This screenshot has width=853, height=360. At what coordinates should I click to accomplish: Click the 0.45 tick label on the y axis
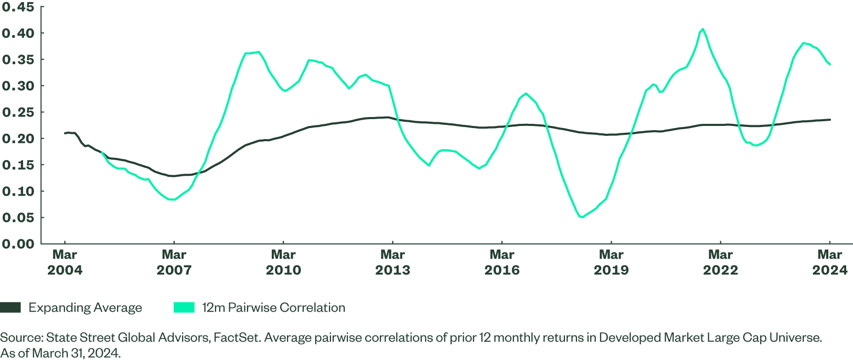(x=18, y=7)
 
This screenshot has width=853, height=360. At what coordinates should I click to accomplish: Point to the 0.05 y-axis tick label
(x=18, y=217)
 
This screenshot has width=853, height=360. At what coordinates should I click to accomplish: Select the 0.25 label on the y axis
(x=18, y=112)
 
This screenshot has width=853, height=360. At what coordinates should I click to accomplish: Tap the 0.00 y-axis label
(x=18, y=243)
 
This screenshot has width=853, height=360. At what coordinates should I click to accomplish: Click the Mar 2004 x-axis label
(x=65, y=262)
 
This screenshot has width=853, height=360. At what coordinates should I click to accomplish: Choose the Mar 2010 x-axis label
(x=283, y=262)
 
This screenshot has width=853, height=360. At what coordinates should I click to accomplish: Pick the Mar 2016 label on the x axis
(x=502, y=262)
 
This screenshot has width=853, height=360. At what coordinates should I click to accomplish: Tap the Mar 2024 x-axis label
(x=829, y=262)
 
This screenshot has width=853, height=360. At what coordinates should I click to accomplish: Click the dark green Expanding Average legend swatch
(x=10, y=308)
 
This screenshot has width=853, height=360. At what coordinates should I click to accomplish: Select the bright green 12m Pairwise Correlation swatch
(x=184, y=308)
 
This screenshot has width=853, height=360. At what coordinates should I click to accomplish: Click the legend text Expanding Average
(x=86, y=308)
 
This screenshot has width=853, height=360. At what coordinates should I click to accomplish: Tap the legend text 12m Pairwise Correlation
(x=274, y=308)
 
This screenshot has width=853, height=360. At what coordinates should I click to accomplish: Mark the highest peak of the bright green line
(x=702, y=29)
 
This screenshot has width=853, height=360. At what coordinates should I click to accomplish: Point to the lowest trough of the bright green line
(x=581, y=217)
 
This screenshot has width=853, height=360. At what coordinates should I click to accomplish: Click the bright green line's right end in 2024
(x=830, y=65)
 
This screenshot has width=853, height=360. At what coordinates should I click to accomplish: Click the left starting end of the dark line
(x=65, y=133)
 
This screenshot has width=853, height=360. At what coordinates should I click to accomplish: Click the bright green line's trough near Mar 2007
(x=173, y=199)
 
